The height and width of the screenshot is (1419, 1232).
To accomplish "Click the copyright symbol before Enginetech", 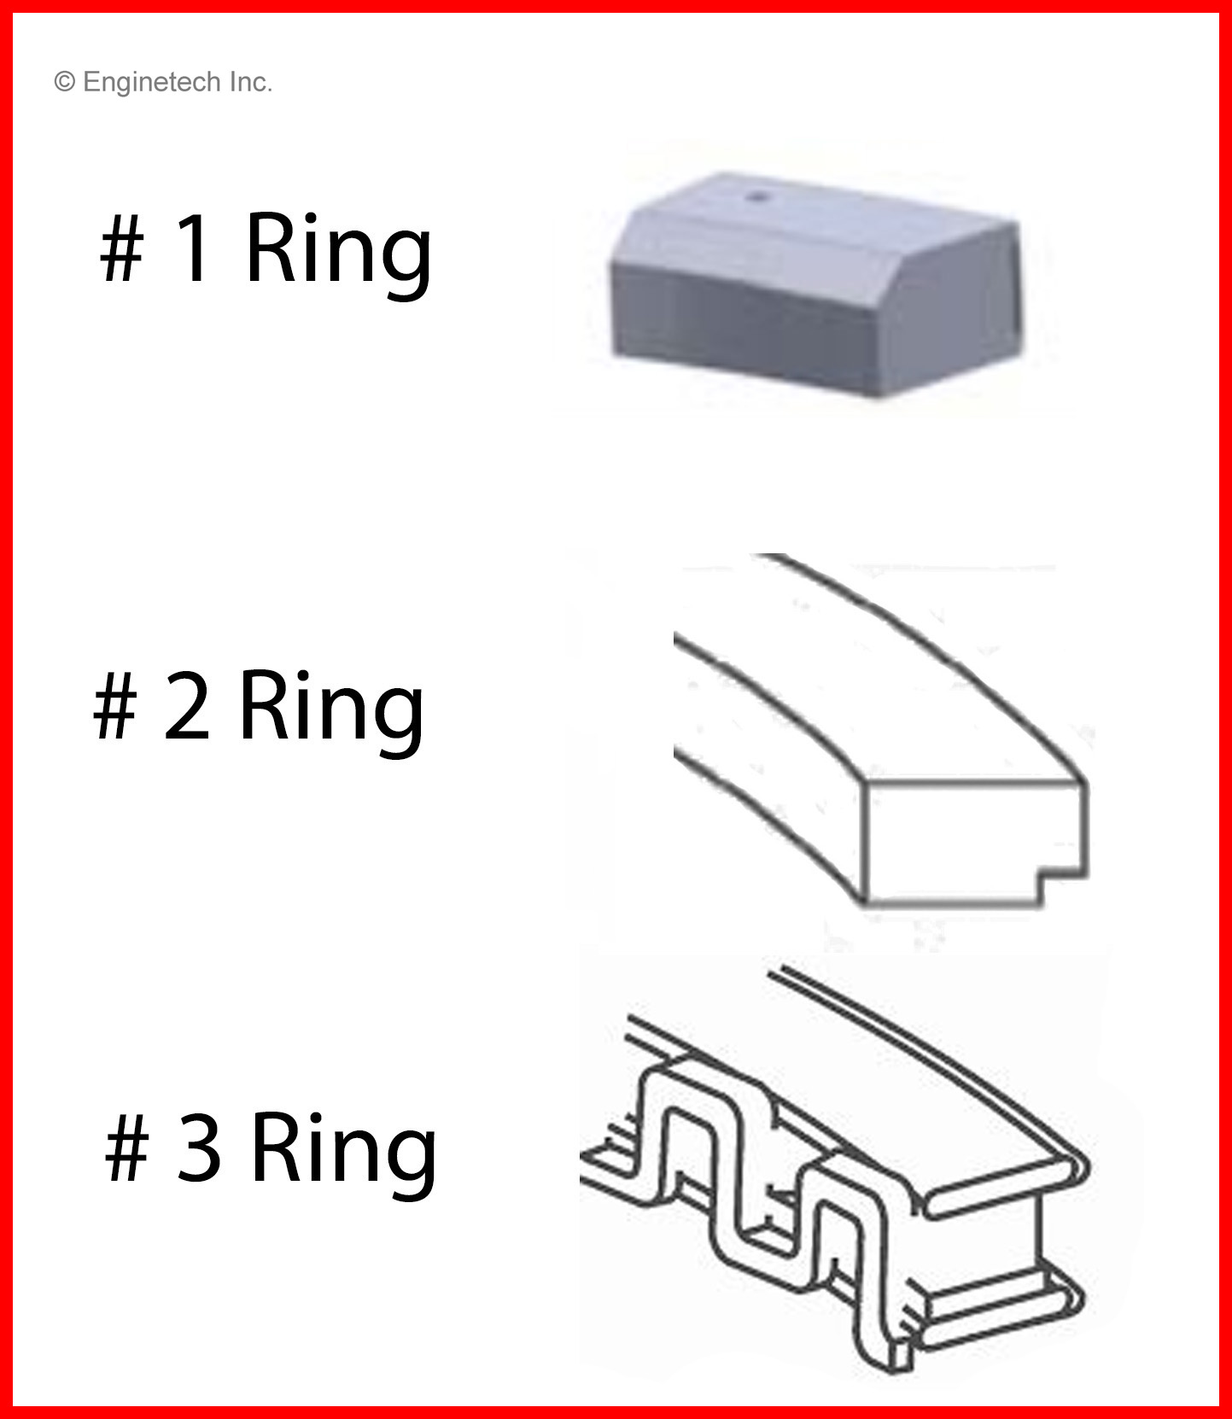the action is click(x=64, y=82).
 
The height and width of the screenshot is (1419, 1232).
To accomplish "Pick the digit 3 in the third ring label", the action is click(x=199, y=1148).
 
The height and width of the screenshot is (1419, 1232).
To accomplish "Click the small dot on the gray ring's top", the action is click(x=756, y=196).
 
